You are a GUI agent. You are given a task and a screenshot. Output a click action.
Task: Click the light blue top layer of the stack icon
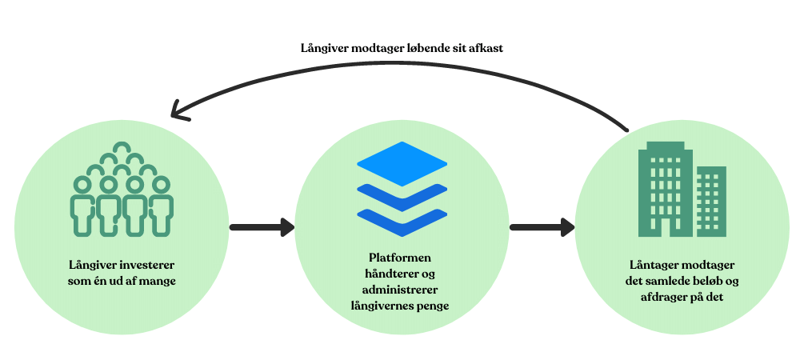(x=402, y=162)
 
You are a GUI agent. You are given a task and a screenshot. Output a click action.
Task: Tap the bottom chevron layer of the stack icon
(x=402, y=220)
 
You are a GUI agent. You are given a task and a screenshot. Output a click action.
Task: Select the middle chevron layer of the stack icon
(x=402, y=196)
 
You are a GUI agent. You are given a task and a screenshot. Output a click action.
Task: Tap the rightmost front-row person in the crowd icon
(x=162, y=206)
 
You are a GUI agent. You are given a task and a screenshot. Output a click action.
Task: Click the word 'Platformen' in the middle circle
(x=400, y=258)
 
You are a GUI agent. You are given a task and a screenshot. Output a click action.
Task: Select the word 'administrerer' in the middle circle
(x=400, y=289)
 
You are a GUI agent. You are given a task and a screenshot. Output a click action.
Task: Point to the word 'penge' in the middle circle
(x=430, y=305)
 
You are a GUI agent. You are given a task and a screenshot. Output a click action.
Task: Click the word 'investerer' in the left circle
(x=149, y=265)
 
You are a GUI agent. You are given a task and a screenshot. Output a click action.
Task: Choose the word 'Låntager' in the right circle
(x=661, y=265)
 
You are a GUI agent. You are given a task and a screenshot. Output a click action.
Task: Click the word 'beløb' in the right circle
(x=707, y=280)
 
